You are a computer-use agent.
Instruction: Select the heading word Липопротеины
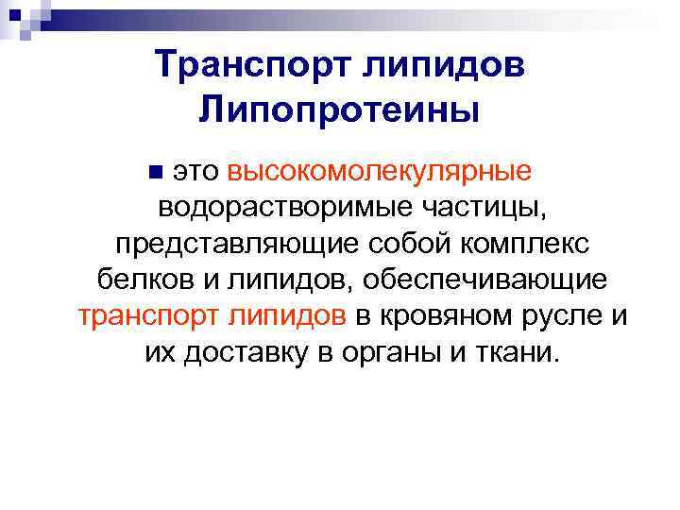(x=339, y=110)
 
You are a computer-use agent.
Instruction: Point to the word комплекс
(x=526, y=244)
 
